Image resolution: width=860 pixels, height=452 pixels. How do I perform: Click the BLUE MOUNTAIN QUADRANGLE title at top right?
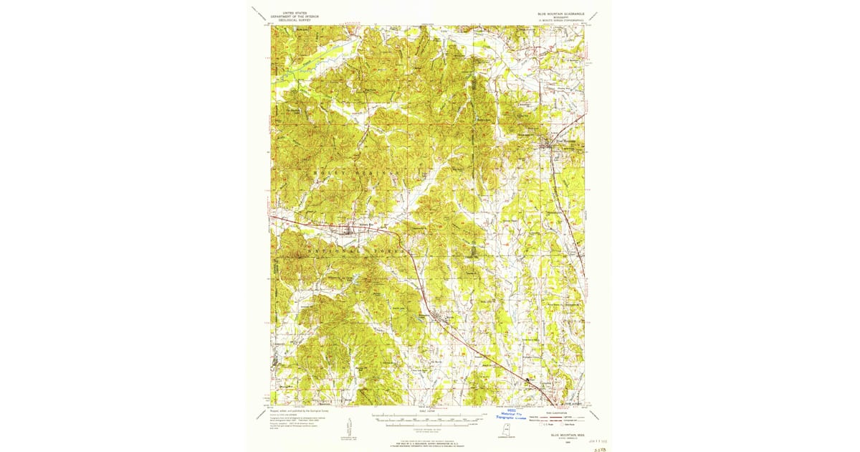[x=561, y=13]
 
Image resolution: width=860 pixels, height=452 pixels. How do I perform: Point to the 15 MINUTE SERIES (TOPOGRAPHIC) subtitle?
[x=561, y=21]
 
